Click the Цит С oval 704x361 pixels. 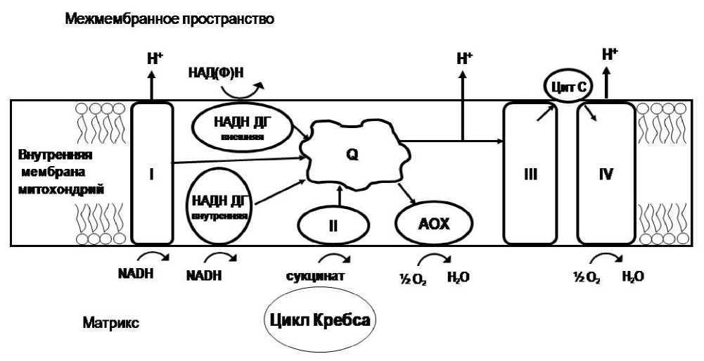(x=565, y=87)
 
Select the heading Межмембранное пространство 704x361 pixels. (x=169, y=20)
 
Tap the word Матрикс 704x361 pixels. (x=110, y=324)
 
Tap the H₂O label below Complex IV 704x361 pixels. (x=632, y=277)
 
